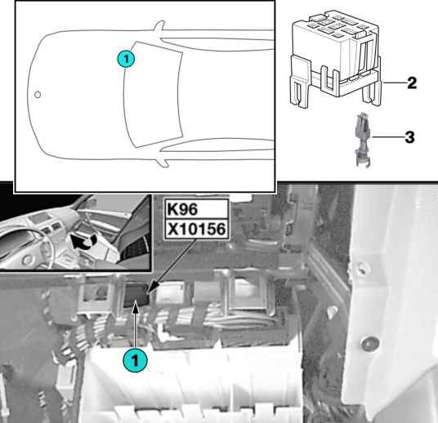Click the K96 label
pyautogui.click(x=182, y=209)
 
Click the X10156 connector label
pyautogui.click(x=196, y=229)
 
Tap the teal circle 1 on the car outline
pyautogui.click(x=126, y=59)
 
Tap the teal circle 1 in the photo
pyautogui.click(x=135, y=360)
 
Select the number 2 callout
pyautogui.click(x=412, y=83)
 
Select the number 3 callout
pyautogui.click(x=409, y=137)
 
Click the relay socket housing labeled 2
pyautogui.click(x=336, y=58)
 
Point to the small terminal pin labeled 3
pyautogui.click(x=363, y=140)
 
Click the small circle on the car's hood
pyautogui.click(x=38, y=95)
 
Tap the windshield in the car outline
pyautogui.click(x=153, y=95)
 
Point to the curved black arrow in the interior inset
pyautogui.click(x=83, y=242)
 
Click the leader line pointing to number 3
pyautogui.click(x=388, y=137)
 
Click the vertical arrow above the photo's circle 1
pyautogui.click(x=136, y=325)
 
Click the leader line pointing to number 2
pyautogui.click(x=395, y=82)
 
